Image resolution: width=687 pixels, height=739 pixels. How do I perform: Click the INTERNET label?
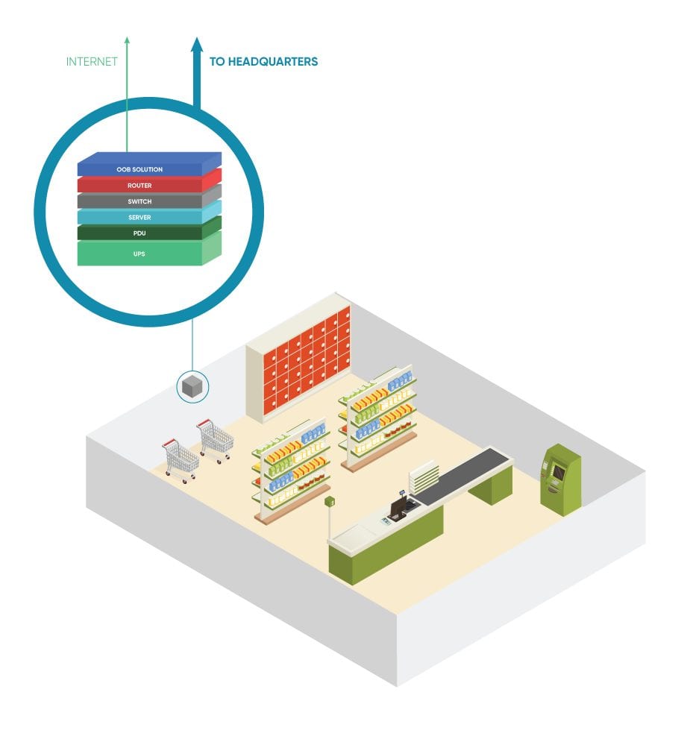coord(92,62)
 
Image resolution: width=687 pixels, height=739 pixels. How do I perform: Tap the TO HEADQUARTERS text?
coord(263,62)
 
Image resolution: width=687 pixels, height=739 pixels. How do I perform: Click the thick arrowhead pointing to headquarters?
coord(197,45)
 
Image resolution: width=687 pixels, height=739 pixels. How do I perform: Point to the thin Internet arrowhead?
coord(127,40)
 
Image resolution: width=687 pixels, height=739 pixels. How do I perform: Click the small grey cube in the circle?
coord(192,386)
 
